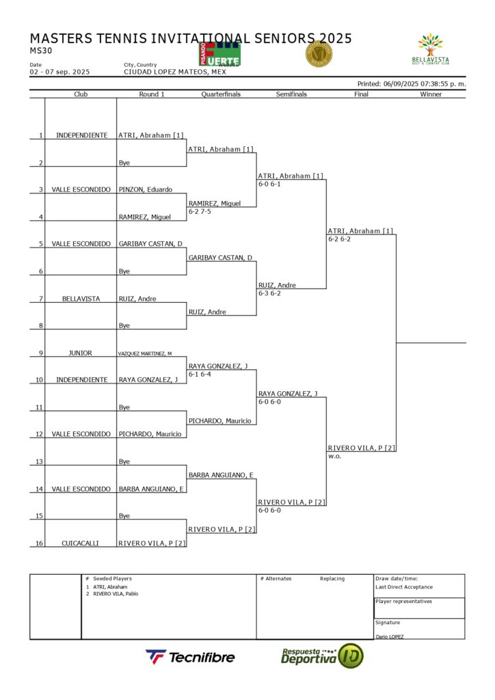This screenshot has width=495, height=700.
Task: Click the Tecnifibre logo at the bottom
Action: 190,657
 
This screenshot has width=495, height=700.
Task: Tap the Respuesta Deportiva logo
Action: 322,656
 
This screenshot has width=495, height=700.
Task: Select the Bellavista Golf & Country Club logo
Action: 431,49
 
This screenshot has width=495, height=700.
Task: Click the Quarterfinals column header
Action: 221,94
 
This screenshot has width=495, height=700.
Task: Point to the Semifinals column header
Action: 291,94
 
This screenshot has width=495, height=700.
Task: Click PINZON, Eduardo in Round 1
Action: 146,189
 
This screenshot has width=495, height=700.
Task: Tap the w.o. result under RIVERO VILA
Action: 334,456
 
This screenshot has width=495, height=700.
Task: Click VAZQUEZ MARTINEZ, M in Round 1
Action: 145,353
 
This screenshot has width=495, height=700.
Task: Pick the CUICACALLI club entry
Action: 81,543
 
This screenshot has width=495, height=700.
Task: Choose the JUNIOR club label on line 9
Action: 81,353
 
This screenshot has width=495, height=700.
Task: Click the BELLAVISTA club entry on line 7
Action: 81,299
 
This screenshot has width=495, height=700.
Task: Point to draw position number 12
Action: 40,434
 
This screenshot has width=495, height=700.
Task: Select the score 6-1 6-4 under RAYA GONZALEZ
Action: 200,374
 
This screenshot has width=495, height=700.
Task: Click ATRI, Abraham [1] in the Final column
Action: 360,231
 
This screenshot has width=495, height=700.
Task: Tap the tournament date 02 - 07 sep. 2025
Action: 59,72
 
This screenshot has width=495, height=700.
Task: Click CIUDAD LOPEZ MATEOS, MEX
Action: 175,72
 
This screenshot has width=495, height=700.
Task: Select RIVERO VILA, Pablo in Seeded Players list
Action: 116,593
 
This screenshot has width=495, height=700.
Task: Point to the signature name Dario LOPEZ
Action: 389,636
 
